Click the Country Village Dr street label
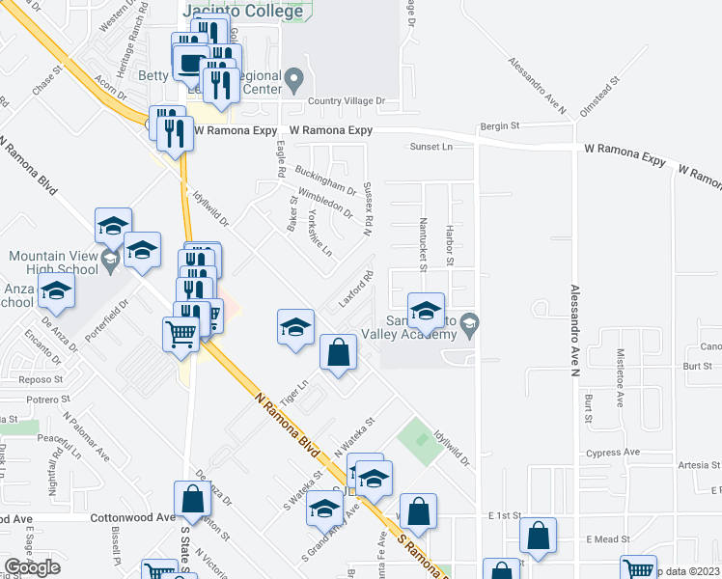pyautogui.click(x=346, y=101)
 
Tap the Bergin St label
pyautogui.click(x=500, y=126)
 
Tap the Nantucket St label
pyautogui.click(x=423, y=243)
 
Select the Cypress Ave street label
pyautogui.click(x=613, y=453)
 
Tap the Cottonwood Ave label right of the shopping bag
pyautogui.click(x=132, y=517)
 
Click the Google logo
pyautogui.click(x=32, y=567)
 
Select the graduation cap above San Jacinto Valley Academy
pyautogui.click(x=426, y=311)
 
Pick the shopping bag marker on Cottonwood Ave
pyautogui.click(x=192, y=499)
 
